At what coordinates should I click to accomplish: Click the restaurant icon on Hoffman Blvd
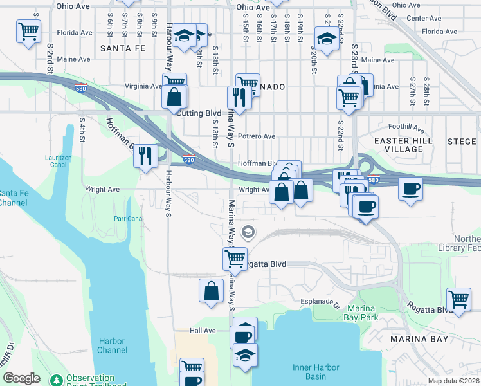[x=146, y=155]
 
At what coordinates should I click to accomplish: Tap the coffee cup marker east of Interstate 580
[x=410, y=189]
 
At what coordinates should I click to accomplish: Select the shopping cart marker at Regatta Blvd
[x=235, y=259]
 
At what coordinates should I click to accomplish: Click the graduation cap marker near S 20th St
[x=327, y=39]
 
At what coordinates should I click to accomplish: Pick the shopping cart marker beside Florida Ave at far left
[x=28, y=31]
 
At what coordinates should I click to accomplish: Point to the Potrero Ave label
[x=257, y=136]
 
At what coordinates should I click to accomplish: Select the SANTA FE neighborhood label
[x=123, y=48]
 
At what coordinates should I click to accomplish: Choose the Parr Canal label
[x=129, y=218]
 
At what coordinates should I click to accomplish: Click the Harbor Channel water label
[x=113, y=345]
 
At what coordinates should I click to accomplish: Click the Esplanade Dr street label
[x=320, y=301]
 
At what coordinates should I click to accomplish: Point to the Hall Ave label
[x=203, y=331]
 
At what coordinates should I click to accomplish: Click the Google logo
[x=21, y=378]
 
